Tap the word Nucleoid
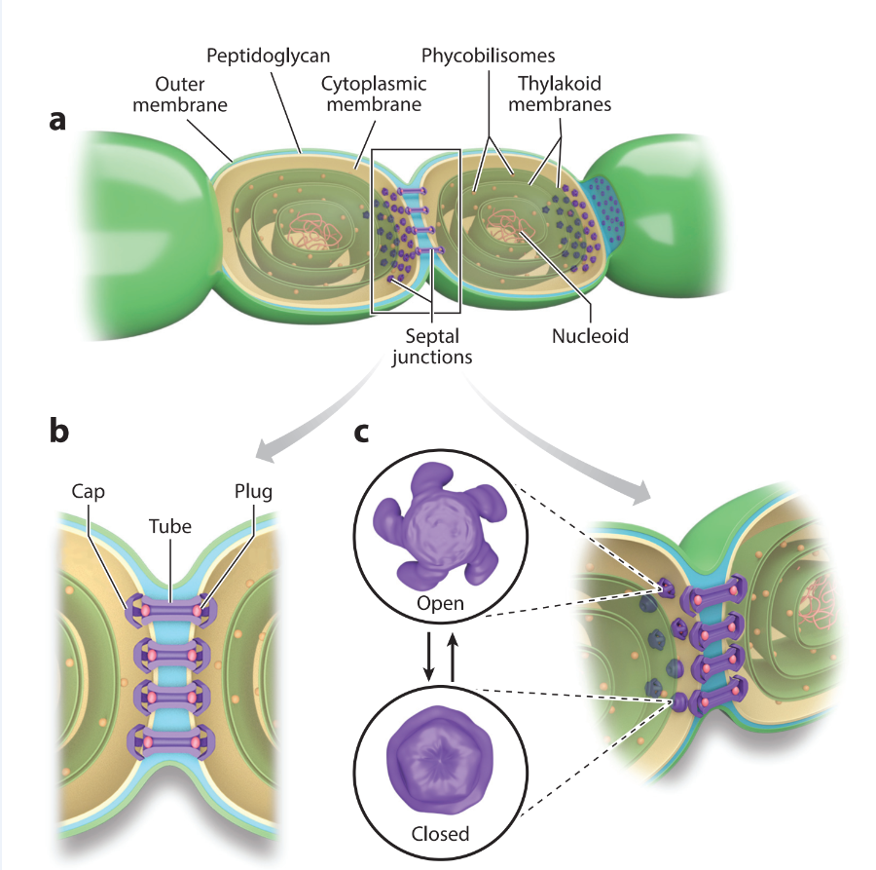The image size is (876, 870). click(590, 337)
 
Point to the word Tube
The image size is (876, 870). click(170, 525)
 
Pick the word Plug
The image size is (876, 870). click(252, 492)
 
